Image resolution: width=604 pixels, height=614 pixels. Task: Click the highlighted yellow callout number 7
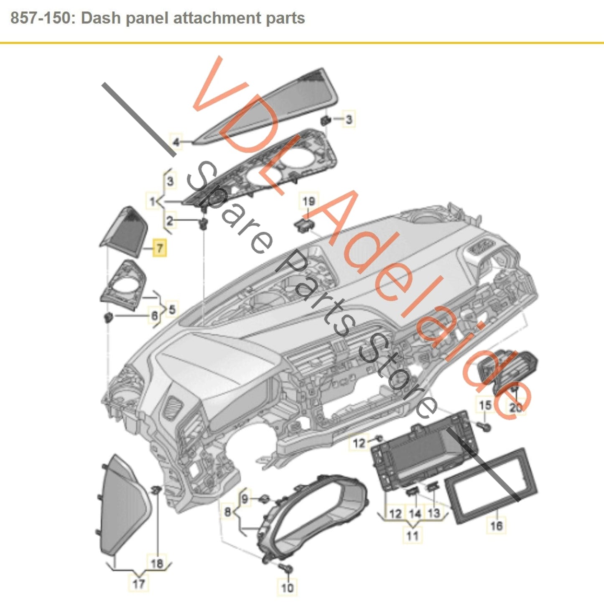click(x=159, y=248)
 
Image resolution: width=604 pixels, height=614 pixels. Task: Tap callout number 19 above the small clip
click(x=308, y=202)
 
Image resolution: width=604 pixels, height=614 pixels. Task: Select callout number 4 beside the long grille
click(x=176, y=142)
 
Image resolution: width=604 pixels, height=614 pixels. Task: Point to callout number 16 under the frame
click(x=496, y=525)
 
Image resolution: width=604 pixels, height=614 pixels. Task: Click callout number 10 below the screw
click(x=287, y=588)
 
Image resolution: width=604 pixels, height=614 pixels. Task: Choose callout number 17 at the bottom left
click(x=138, y=583)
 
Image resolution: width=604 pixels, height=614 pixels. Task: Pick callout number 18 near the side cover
click(x=157, y=563)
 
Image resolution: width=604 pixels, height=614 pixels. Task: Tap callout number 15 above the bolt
click(x=485, y=405)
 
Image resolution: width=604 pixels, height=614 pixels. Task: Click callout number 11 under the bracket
click(x=412, y=535)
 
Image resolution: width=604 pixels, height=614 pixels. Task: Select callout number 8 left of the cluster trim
click(x=228, y=511)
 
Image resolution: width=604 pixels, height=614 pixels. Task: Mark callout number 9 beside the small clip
click(x=245, y=499)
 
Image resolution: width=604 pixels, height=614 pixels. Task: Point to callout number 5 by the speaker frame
click(x=171, y=310)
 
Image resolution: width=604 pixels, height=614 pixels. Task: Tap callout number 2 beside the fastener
click(x=170, y=220)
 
